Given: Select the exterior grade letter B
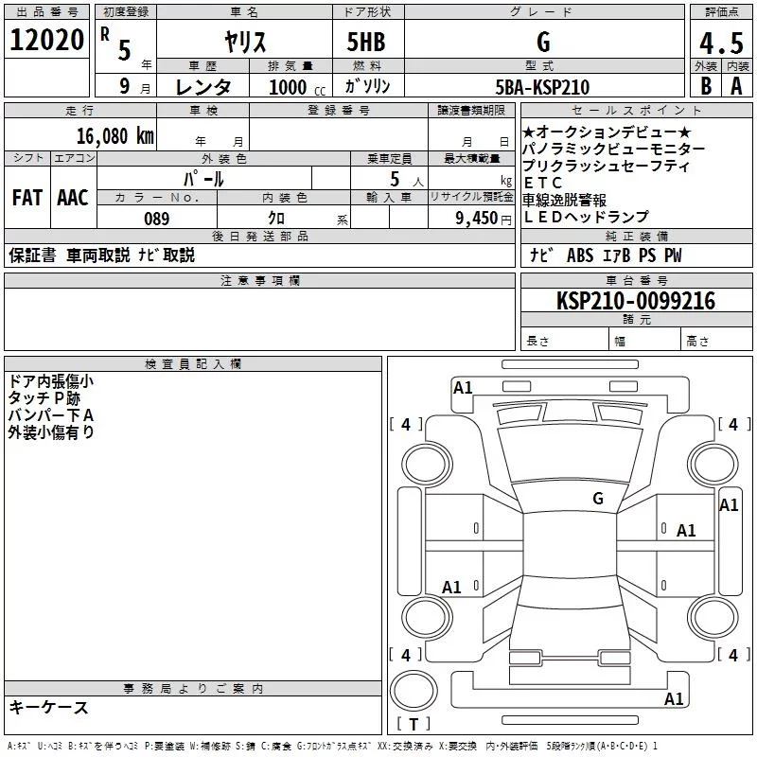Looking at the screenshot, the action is [705, 86].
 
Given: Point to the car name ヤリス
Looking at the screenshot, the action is [244, 42].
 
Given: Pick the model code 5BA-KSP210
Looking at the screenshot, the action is [542, 87].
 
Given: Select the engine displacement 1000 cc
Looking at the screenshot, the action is [294, 87].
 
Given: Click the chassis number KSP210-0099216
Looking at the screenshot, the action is [636, 301].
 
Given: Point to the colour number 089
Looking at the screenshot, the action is [157, 219].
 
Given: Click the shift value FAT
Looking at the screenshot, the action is [27, 198].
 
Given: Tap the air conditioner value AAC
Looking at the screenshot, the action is [73, 198].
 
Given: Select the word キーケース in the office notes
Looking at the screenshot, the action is [48, 707].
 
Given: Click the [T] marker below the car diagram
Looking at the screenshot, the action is [414, 724].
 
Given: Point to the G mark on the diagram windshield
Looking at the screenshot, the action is [598, 498].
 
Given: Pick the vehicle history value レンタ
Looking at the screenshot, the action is [203, 87].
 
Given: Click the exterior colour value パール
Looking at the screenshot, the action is [203, 178].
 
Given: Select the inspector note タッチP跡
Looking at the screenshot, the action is [44, 398].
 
